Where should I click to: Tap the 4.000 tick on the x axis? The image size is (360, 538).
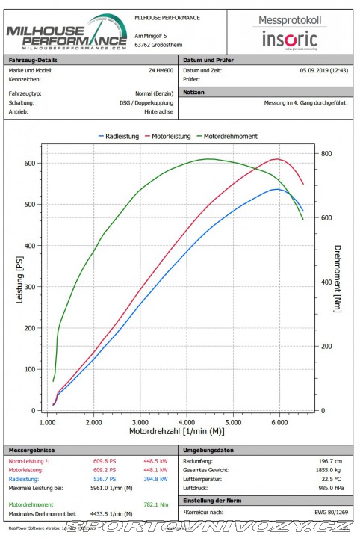click(x=186, y=423)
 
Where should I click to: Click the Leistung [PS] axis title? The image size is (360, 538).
click(x=20, y=285)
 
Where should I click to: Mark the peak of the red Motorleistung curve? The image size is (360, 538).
click(x=277, y=159)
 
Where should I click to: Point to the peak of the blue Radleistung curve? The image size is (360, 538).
click(x=277, y=189)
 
